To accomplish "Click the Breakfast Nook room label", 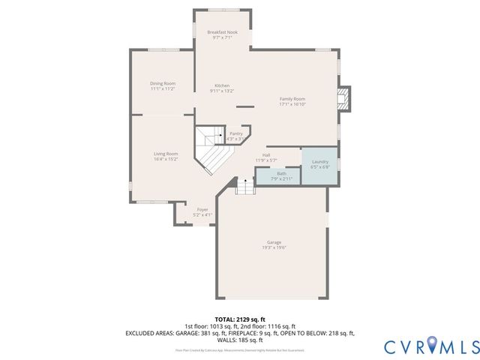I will pos(222,31).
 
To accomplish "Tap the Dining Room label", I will pos(162,83).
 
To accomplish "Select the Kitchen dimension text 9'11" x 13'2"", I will pos(222,91).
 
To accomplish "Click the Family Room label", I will pos(292,99).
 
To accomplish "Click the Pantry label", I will pos(235,133).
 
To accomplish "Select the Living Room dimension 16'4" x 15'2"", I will pos(165,159).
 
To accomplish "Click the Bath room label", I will pos(271,173).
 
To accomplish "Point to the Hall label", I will pos(266,155).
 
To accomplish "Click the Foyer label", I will pos(202,209).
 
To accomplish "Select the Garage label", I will pos(274,242).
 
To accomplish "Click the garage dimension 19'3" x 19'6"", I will pos(274,247).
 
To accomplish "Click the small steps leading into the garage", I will pos(246,186).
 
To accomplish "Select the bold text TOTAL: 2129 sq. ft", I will pos(239,319).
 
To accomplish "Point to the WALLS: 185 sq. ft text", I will pos(239,339).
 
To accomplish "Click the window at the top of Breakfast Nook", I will pos(222,11).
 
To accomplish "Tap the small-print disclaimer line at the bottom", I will pos(239,349).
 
